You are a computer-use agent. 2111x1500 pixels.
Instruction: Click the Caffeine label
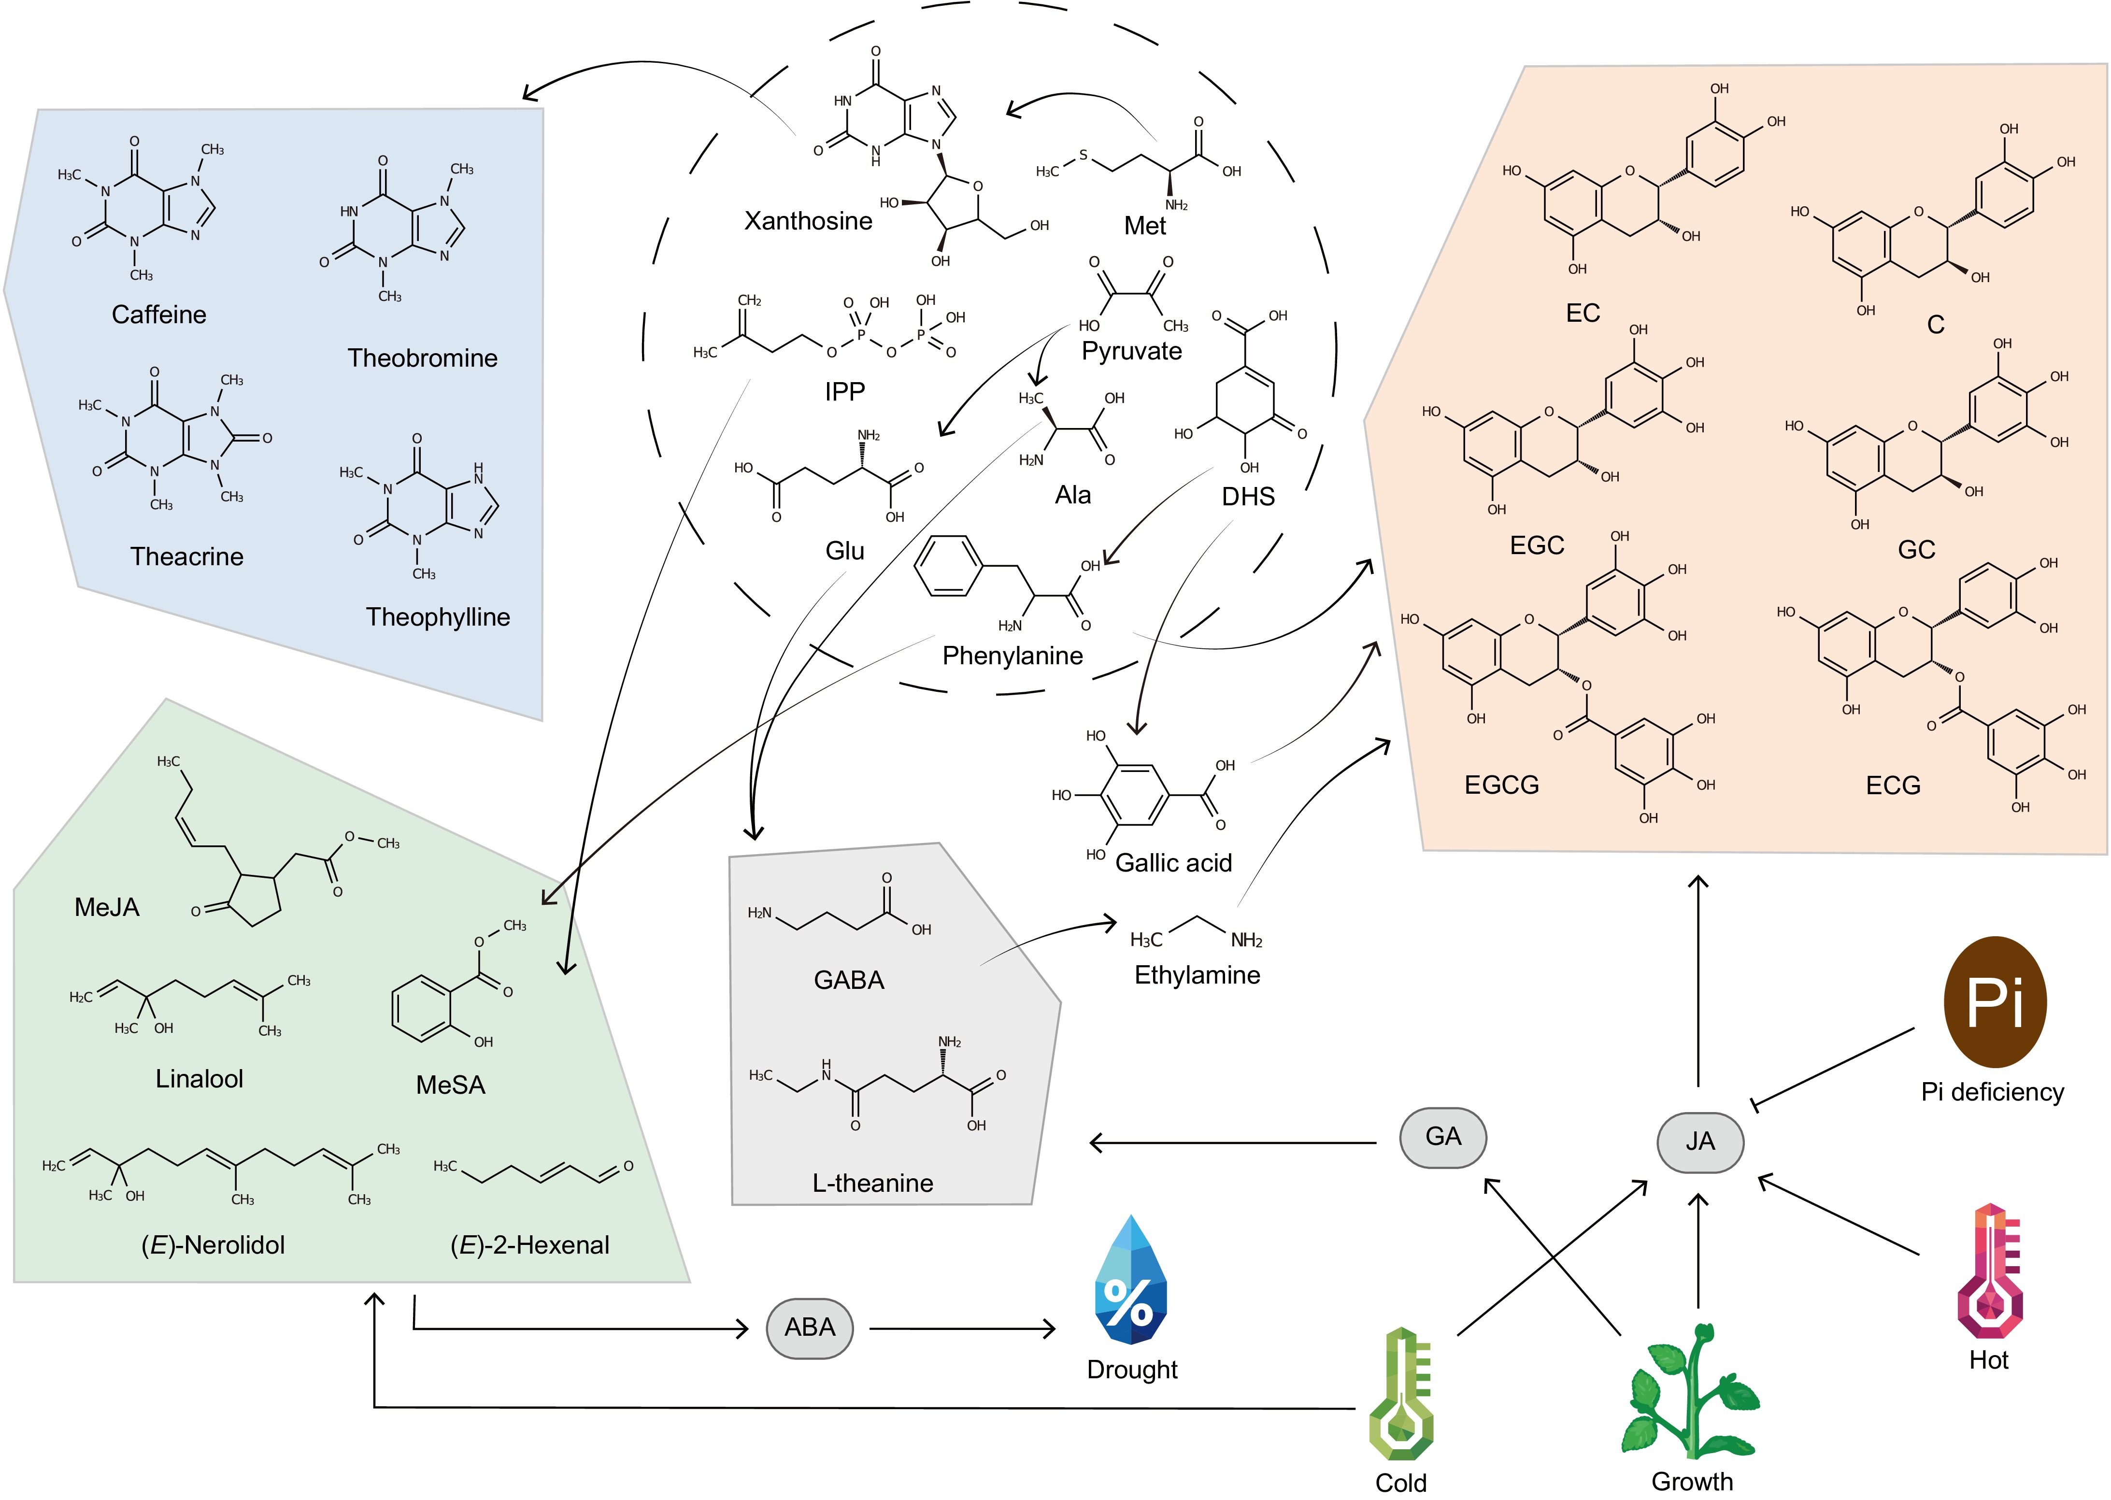[159, 315]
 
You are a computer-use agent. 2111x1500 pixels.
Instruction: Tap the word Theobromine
[422, 358]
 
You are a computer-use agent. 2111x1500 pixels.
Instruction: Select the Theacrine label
[186, 557]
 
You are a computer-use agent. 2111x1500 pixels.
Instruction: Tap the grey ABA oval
[809, 1328]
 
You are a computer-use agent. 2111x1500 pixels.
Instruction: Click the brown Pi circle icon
[1995, 1002]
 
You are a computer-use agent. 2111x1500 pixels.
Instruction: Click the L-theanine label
[872, 1183]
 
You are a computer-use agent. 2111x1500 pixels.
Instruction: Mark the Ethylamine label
[1197, 975]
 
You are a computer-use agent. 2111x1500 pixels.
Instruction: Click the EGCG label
[1501, 785]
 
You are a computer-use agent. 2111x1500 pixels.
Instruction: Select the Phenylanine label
[1012, 656]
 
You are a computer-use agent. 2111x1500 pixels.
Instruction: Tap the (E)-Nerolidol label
[214, 1245]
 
